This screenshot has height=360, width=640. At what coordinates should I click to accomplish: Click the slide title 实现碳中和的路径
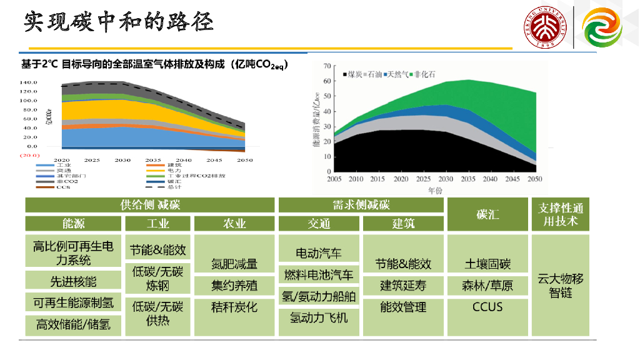119,22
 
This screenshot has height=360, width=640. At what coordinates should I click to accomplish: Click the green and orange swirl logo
603,28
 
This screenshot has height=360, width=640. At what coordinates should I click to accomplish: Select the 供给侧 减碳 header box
150,205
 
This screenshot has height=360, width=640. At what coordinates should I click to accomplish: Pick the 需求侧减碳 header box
361,205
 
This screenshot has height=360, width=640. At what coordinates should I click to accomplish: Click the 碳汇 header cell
487,214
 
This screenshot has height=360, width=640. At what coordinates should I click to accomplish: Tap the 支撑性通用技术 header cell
560,214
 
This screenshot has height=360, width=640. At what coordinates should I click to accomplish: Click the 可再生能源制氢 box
74,303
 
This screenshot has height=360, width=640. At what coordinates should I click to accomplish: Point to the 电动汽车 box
319,253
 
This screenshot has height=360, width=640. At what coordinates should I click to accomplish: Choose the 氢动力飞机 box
319,317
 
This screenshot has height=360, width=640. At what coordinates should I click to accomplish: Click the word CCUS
487,307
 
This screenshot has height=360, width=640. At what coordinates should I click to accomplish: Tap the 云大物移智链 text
560,285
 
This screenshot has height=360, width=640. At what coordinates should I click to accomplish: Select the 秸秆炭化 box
234,307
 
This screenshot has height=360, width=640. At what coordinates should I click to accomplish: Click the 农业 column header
234,223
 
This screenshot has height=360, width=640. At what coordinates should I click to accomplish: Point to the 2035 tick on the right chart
467,179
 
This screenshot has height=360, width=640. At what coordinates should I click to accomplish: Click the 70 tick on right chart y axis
326,66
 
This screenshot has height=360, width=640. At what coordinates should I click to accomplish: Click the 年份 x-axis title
436,189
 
